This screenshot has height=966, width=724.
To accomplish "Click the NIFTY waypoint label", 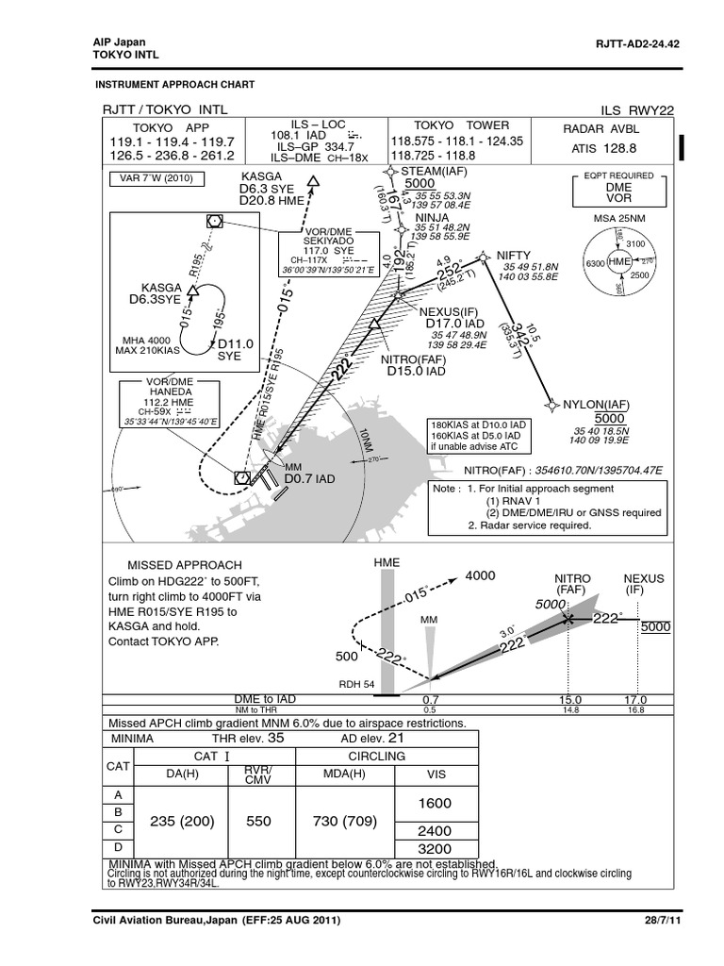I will click(x=513, y=255).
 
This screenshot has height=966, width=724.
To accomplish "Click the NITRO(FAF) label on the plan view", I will click(x=413, y=359).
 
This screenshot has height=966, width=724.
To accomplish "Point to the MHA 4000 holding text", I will click(x=147, y=340).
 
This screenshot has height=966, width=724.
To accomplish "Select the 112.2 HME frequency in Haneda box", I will click(x=170, y=403).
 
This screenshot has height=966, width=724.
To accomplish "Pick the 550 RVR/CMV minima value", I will click(x=258, y=821).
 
